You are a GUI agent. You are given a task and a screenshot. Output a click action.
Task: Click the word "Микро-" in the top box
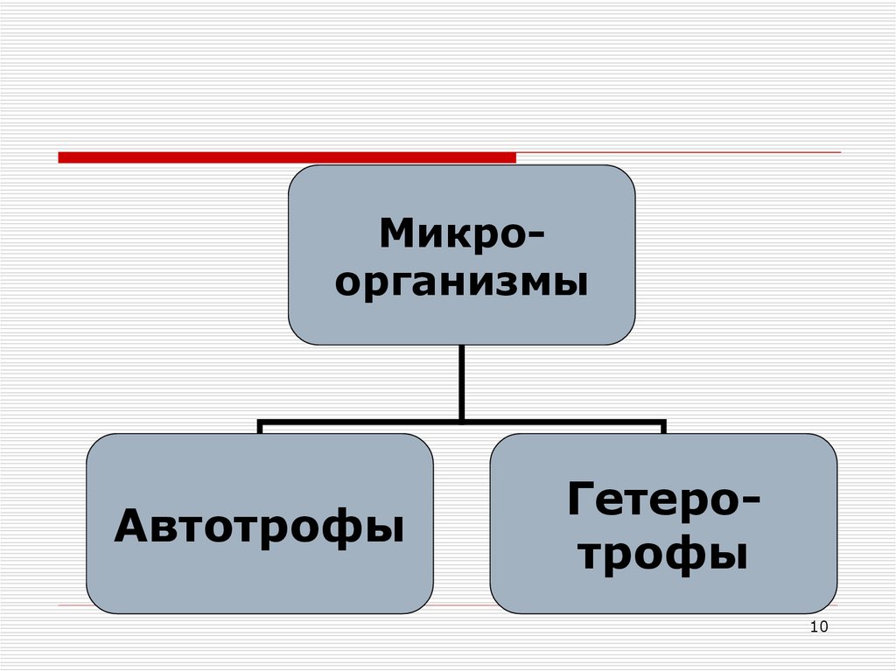[462, 234]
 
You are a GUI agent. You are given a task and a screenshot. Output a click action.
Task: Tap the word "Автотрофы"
[259, 526]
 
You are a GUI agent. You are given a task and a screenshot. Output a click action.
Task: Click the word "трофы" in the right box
[663, 553]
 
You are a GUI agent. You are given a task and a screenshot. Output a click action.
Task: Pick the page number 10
[819, 626]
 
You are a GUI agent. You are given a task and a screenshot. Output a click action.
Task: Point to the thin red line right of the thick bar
[678, 153]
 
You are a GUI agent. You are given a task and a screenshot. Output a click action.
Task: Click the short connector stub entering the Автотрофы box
[260, 427]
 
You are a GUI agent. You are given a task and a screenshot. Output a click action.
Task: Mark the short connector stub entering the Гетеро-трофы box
[663, 427]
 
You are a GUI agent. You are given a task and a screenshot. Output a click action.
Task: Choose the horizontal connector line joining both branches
[462, 421]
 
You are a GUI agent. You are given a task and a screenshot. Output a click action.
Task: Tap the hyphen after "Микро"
[535, 235]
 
